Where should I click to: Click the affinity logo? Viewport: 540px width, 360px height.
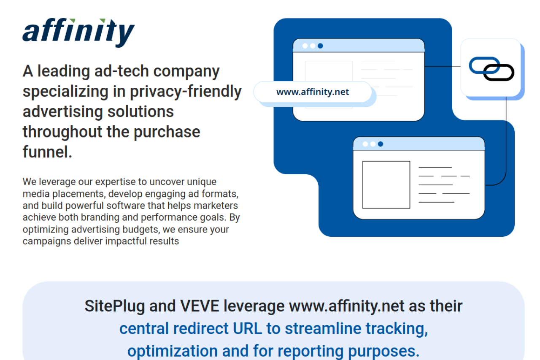[x=78, y=33]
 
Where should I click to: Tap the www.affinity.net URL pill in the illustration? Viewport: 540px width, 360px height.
[x=313, y=92]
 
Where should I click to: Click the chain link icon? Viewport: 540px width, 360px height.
[x=491, y=69]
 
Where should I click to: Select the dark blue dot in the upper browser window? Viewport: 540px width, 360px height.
[x=320, y=46]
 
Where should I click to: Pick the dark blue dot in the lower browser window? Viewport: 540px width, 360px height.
[x=381, y=144]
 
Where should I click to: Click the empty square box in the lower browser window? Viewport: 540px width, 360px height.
[x=386, y=185]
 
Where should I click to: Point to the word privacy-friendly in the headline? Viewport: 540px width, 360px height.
[x=186, y=92]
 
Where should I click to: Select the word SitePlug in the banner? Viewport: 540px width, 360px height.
[x=114, y=306]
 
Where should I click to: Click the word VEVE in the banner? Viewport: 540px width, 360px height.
[x=200, y=306]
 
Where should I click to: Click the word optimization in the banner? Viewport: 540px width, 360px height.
[x=173, y=351]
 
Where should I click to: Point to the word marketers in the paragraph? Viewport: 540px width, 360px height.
[x=216, y=206]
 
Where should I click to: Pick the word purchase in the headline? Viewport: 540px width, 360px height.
[x=167, y=132]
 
